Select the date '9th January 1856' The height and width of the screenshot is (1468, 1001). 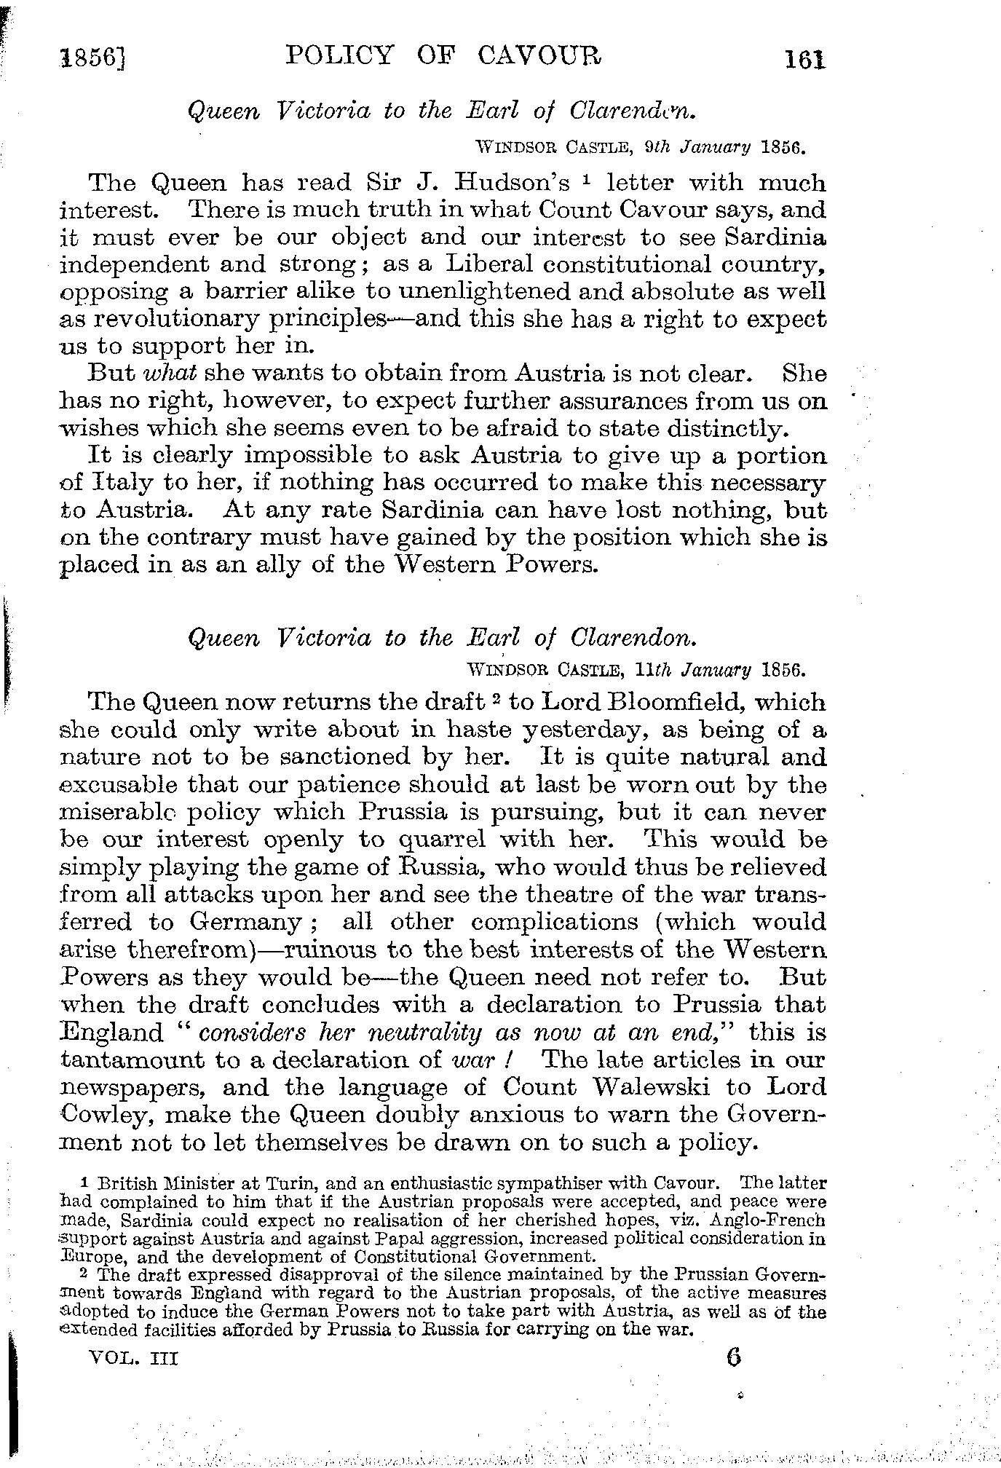pyautogui.click(x=724, y=146)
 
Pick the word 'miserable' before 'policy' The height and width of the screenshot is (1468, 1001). pyautogui.click(x=119, y=812)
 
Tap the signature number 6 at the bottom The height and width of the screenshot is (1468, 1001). pyautogui.click(x=733, y=1357)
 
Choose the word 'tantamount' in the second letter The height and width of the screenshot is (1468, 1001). pyautogui.click(x=130, y=1060)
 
